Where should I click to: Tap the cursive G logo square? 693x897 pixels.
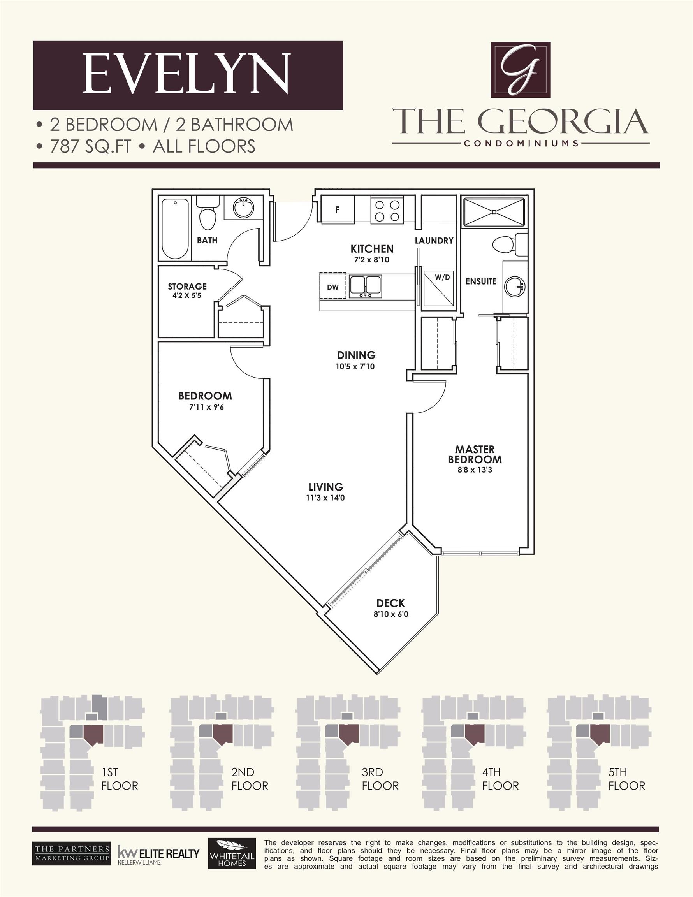[521, 70]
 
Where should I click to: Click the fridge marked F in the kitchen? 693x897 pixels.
[337, 210]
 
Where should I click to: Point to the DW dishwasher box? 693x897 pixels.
[333, 287]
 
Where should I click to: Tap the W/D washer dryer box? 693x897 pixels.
[439, 288]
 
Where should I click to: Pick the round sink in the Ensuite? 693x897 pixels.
[515, 286]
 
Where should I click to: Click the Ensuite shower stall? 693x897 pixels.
[494, 212]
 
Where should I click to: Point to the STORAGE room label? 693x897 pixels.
[187, 287]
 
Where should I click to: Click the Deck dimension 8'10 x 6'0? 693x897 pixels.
[390, 614]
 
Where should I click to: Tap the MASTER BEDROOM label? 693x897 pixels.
[475, 454]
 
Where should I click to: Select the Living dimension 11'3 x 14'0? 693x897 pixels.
[326, 498]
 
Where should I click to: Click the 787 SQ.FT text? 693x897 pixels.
[90, 147]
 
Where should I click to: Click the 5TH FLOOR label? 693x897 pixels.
[626, 779]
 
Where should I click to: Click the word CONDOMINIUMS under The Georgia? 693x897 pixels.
[521, 143]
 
